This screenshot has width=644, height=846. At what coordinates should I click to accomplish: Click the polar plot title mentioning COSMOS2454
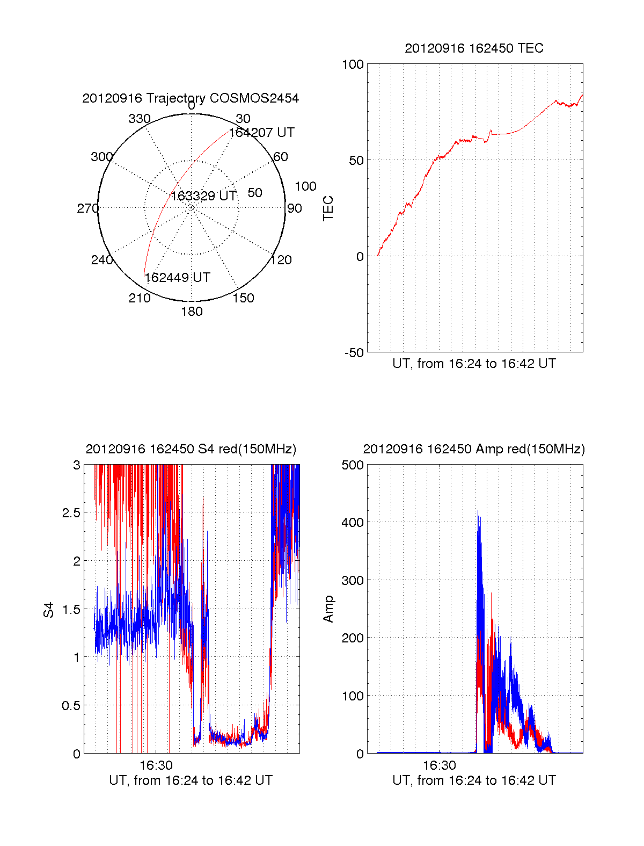191,98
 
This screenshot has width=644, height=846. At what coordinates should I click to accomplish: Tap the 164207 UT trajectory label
262,133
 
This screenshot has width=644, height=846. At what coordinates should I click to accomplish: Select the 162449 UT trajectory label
178,278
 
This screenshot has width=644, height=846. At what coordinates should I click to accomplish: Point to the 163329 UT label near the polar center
203,196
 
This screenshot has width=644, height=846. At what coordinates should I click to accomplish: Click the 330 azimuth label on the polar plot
140,119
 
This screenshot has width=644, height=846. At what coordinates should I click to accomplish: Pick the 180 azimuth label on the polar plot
192,312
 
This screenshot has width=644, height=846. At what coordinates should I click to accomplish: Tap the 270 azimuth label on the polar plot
87,208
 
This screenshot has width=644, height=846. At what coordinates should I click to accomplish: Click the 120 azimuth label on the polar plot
281,261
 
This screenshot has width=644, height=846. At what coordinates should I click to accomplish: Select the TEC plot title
474,48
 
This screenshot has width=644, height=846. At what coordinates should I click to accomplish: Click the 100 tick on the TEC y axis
353,65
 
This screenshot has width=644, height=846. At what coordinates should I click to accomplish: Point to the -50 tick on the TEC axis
354,353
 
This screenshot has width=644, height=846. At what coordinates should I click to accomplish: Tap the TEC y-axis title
328,208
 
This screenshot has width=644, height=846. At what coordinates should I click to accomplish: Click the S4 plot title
191,449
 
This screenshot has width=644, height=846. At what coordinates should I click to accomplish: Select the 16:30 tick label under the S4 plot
156,765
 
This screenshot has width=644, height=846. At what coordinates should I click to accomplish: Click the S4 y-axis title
49,610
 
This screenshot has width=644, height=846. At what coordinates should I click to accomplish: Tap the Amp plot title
474,449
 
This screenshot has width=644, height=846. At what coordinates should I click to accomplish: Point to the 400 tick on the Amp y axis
353,522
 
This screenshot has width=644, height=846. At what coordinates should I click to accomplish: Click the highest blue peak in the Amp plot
478,512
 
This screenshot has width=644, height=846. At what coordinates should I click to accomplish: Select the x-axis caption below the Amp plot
474,780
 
